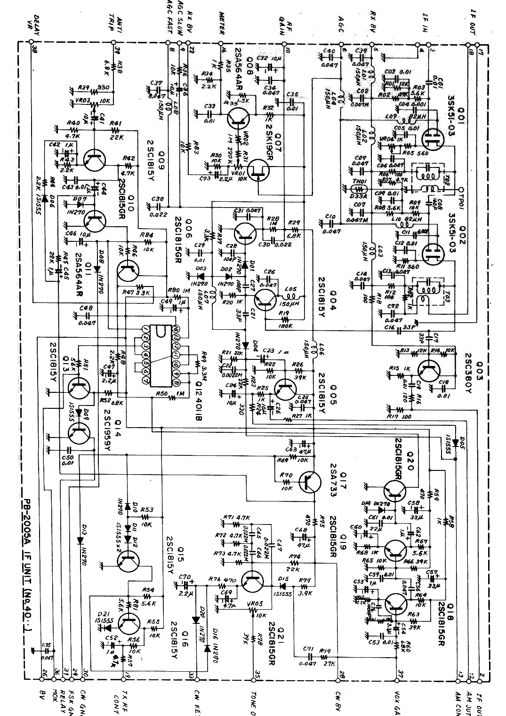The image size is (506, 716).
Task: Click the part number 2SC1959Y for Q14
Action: [107, 430]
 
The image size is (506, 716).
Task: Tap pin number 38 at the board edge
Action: [33, 48]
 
